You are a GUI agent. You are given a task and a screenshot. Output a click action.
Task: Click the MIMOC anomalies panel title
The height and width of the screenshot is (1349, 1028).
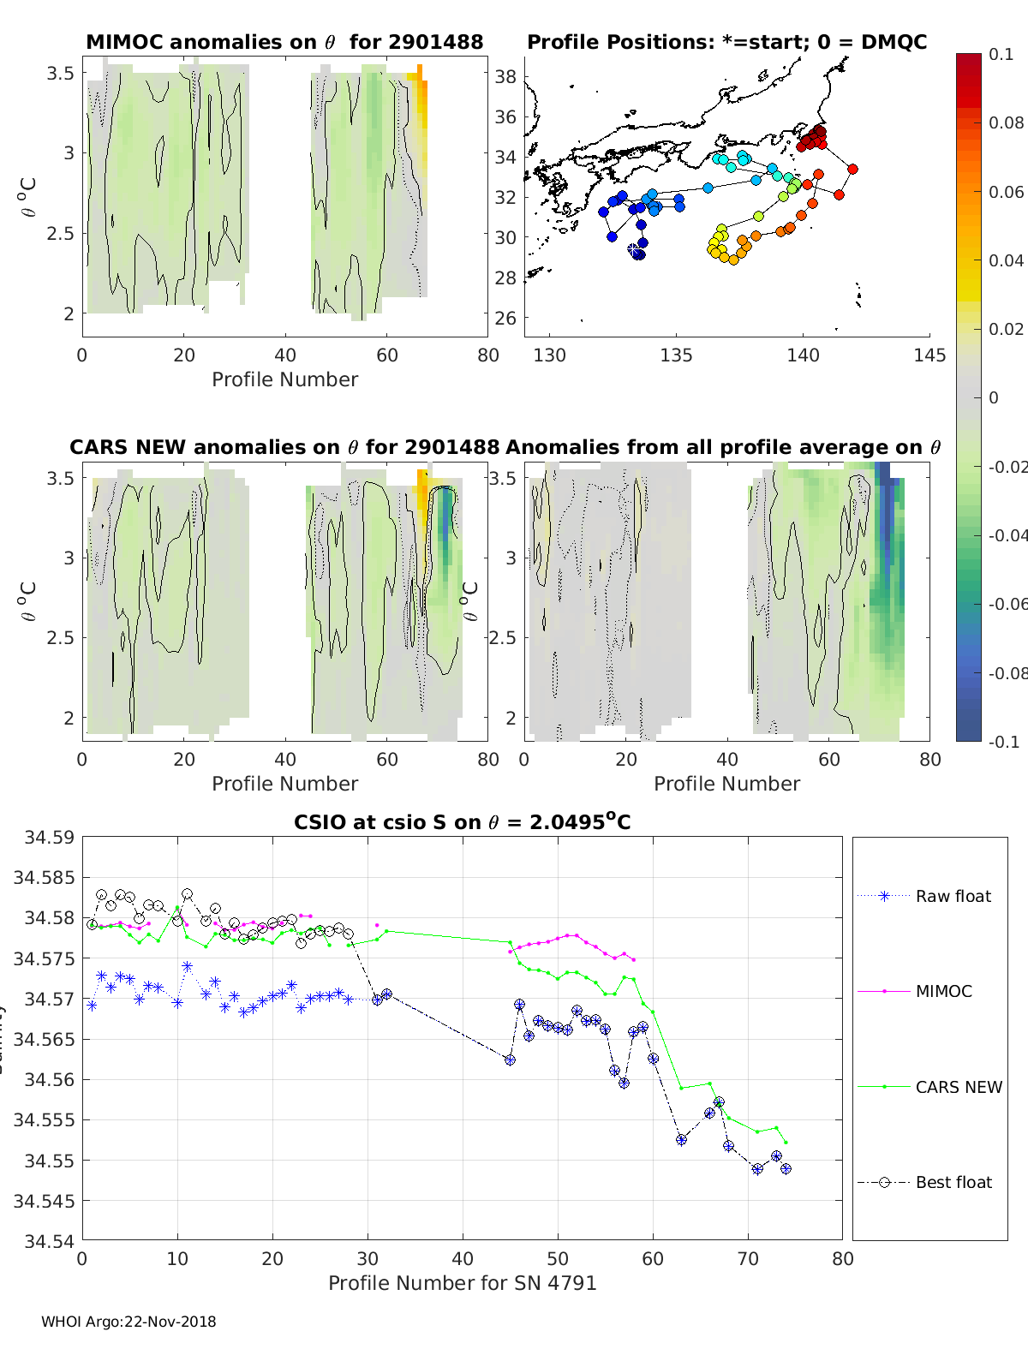click(284, 42)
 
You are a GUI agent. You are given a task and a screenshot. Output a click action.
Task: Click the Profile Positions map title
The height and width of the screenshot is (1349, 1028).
click(726, 42)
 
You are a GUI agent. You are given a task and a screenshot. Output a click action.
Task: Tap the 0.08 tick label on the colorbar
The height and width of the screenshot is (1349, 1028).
click(1006, 122)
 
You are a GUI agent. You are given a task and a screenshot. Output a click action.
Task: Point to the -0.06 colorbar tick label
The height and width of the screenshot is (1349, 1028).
click(1007, 604)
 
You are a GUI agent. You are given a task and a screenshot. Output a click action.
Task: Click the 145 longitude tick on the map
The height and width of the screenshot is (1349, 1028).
click(929, 355)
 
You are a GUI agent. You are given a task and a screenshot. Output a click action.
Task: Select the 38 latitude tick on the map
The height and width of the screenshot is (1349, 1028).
click(505, 76)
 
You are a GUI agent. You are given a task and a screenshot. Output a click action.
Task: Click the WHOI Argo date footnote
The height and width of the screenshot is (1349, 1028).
click(128, 1322)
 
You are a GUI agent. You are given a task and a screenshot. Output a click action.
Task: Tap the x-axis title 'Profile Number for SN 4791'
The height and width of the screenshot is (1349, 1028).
click(462, 1282)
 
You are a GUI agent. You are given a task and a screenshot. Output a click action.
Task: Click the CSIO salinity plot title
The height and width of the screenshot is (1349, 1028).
click(462, 822)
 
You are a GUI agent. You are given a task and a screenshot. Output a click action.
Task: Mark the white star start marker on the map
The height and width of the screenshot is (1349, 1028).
click(634, 250)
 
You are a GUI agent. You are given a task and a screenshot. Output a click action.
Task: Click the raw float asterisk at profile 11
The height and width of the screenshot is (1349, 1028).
click(187, 966)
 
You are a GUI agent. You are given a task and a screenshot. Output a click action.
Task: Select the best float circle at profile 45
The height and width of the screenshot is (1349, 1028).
click(510, 1060)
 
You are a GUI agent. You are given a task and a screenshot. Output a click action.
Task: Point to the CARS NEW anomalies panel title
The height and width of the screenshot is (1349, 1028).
click(284, 447)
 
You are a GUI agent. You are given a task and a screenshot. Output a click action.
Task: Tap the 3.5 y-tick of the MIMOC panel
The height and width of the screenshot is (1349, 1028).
click(61, 73)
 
